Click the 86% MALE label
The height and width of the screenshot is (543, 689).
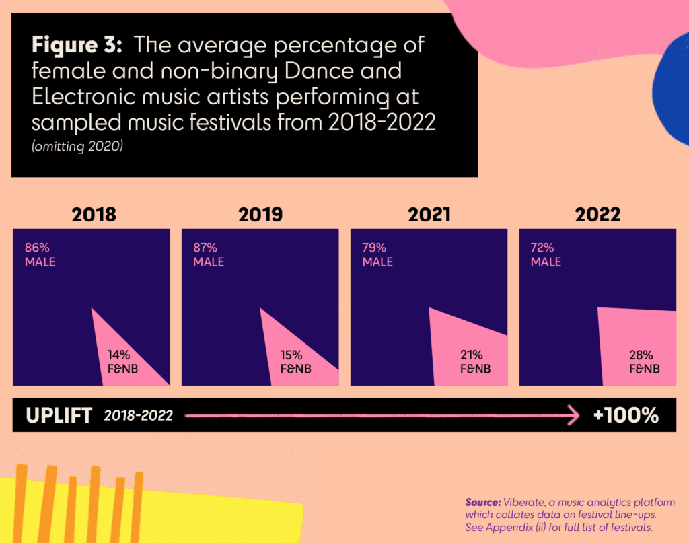point(40,255)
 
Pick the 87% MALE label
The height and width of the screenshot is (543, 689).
point(209,255)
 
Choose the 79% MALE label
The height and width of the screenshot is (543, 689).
point(377,255)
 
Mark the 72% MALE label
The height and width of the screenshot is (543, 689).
point(546,255)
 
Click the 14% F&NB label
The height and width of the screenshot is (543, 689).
point(122,362)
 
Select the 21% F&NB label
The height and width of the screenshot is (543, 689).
point(475,362)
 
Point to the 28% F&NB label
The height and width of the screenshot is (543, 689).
point(644,362)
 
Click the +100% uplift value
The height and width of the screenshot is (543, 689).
point(626,415)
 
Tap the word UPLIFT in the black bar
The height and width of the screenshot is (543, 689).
point(59,415)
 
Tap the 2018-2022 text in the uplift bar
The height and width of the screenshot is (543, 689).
point(138,416)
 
